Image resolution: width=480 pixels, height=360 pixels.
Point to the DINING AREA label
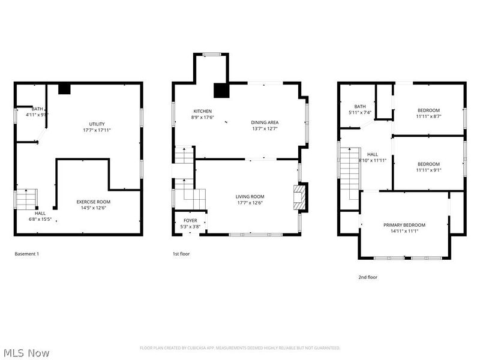click(265, 122)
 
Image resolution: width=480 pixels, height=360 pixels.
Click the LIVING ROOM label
click(250, 196)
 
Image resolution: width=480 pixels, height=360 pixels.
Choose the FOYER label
click(190, 220)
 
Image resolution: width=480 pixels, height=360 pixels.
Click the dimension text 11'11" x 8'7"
click(429, 116)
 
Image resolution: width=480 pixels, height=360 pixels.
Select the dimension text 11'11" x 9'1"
click(429, 170)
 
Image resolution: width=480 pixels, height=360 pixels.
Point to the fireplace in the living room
click(299, 197)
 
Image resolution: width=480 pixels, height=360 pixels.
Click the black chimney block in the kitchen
click(221, 91)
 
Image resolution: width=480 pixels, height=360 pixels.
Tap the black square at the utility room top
click(64, 89)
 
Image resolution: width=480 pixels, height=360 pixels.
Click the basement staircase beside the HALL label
click(26, 199)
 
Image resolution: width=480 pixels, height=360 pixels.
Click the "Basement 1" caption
click(26, 254)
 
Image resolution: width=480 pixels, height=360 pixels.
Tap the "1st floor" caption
click(181, 254)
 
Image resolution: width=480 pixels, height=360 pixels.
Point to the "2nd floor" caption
click(368, 277)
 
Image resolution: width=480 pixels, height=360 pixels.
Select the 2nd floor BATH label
click(360, 106)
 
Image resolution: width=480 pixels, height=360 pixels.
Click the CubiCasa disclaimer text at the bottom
click(240, 348)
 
